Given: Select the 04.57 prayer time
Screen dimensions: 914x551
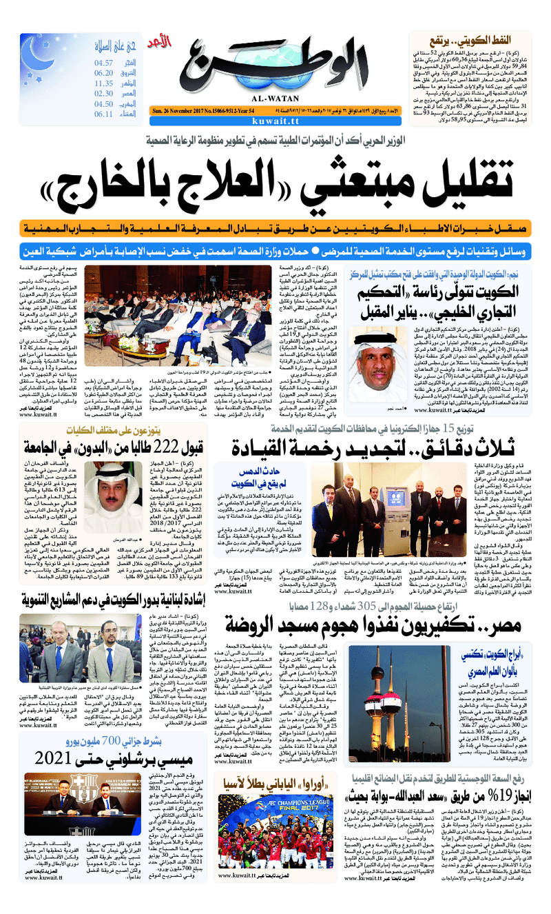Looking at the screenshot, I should click(x=103, y=63).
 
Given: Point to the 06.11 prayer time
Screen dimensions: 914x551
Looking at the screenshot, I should click(x=103, y=114).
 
